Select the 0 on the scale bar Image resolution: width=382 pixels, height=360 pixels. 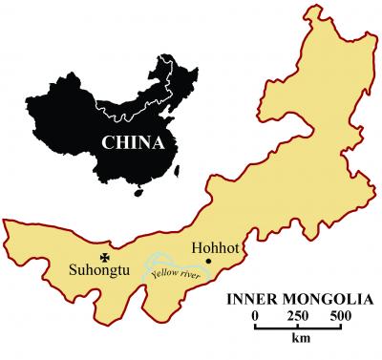pos(255,315)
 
